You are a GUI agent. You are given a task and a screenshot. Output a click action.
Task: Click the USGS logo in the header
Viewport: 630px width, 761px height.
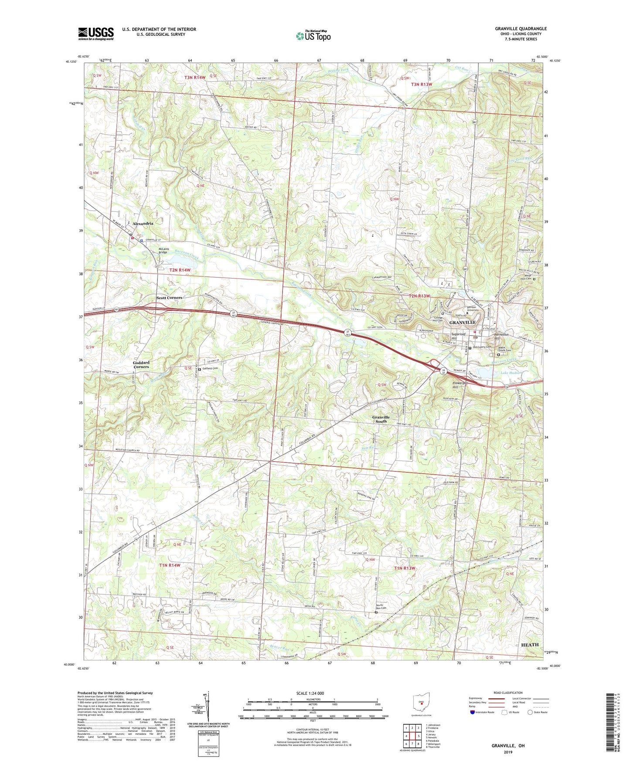[95, 34]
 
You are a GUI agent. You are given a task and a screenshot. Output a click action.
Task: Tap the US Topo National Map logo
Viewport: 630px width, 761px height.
[313, 36]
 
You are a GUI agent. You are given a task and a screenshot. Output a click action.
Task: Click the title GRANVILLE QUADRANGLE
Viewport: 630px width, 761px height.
[521, 29]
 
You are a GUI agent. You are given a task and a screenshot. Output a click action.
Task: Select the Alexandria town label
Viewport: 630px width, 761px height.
[143, 223]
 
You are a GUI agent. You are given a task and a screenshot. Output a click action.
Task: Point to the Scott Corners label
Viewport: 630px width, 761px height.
[169, 298]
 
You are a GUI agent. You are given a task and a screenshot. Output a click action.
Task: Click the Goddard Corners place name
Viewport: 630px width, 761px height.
[141, 364]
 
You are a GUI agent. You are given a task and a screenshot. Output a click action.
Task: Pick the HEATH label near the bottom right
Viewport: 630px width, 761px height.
[530, 644]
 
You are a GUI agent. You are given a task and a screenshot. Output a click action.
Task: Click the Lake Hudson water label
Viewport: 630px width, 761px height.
[511, 373]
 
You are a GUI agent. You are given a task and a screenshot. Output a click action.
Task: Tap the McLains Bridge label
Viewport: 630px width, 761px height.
[163, 251]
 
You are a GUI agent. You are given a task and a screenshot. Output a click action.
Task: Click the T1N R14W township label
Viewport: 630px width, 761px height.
[170, 565]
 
